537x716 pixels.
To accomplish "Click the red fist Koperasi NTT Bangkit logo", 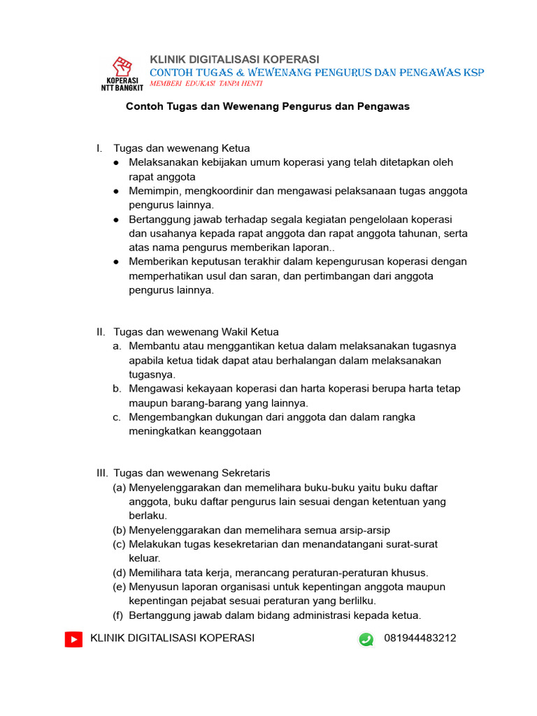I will pos(122,72).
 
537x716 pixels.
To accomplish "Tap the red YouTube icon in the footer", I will pos(73,639).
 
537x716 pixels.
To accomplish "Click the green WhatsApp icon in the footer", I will pos(366,639).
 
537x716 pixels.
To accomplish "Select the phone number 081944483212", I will pos(420,638).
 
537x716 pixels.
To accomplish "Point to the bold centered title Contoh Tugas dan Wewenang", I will pos(267,107).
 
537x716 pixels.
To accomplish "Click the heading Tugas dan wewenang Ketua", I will pos(181,148).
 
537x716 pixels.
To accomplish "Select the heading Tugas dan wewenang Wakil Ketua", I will pos(196,332).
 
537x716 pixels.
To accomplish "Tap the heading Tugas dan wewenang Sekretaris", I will pos(192,473).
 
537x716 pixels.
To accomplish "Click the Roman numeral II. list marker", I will pos(101,332).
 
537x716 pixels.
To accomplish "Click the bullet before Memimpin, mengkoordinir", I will pos(116,191).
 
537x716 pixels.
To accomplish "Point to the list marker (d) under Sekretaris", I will pos(119,573).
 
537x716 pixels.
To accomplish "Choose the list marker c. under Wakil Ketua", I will pos(117,417).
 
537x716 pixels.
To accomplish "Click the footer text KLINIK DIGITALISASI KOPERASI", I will pos(173,638).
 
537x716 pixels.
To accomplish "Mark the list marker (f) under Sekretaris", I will pos(119,615).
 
